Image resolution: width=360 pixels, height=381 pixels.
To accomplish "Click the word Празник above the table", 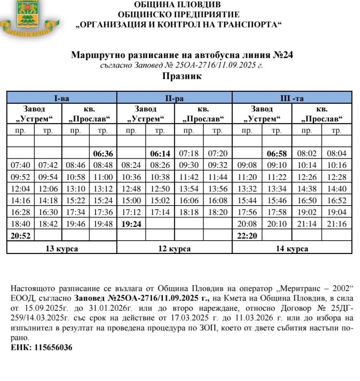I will [x=182, y=76].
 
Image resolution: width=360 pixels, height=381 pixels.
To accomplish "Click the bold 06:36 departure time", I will [x=103, y=154].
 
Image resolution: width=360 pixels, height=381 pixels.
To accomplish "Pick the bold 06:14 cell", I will [x=160, y=154].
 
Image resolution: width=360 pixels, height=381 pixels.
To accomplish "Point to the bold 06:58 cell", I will [x=277, y=154].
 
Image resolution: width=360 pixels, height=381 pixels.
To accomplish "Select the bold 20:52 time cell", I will [x=21, y=236].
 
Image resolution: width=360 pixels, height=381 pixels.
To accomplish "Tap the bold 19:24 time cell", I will [x=131, y=224].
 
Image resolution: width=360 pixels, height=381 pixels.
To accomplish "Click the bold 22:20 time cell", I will [x=247, y=236].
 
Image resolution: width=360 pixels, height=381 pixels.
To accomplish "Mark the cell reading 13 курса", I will [x=62, y=249].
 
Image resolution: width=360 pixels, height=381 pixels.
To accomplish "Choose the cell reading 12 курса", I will [x=174, y=249].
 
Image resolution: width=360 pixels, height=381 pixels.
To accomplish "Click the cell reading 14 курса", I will [x=292, y=249].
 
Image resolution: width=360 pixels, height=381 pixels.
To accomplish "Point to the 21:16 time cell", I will [x=337, y=224].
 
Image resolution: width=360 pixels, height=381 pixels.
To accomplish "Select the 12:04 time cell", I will [x=21, y=189].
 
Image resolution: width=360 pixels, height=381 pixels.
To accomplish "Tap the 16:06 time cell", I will [x=189, y=201].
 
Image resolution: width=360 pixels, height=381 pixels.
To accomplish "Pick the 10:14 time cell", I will [x=307, y=166].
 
